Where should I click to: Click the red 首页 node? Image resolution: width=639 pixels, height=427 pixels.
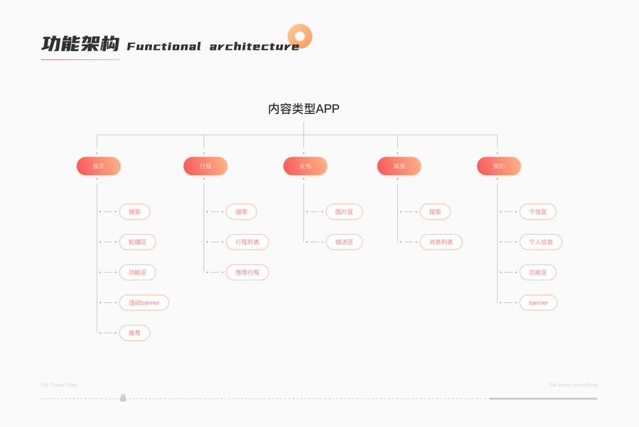point(98,166)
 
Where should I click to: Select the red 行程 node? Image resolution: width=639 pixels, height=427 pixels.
point(205,166)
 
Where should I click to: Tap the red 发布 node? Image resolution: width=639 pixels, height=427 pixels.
point(305,166)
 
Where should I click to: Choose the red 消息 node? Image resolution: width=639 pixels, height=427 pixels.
point(399,166)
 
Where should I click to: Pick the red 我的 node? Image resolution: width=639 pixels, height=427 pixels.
point(499,166)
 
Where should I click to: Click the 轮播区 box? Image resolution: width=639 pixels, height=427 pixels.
point(137,242)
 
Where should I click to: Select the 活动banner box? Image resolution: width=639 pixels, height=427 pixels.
point(144,302)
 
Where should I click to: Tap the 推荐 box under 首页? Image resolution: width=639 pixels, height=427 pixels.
point(134,333)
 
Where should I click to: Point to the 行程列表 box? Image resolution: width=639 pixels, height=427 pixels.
point(247,242)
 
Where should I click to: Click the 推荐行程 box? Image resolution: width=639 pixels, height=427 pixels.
point(247,273)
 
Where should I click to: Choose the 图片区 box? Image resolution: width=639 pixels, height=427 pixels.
point(344,211)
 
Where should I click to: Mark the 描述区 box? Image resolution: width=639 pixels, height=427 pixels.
point(344,242)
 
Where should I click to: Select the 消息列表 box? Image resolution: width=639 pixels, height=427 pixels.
point(441,242)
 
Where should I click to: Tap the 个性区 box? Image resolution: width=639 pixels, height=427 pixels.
point(538,211)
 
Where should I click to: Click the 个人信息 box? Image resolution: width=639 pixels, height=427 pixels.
point(541,242)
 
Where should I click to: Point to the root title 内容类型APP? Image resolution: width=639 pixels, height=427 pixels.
point(304,109)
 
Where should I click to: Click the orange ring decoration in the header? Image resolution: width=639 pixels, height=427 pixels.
point(300,36)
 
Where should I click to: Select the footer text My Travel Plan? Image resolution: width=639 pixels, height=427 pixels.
point(59,385)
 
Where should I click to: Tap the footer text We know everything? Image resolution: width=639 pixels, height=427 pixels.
point(573,385)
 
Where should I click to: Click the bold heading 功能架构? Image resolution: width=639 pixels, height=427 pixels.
point(80,44)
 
